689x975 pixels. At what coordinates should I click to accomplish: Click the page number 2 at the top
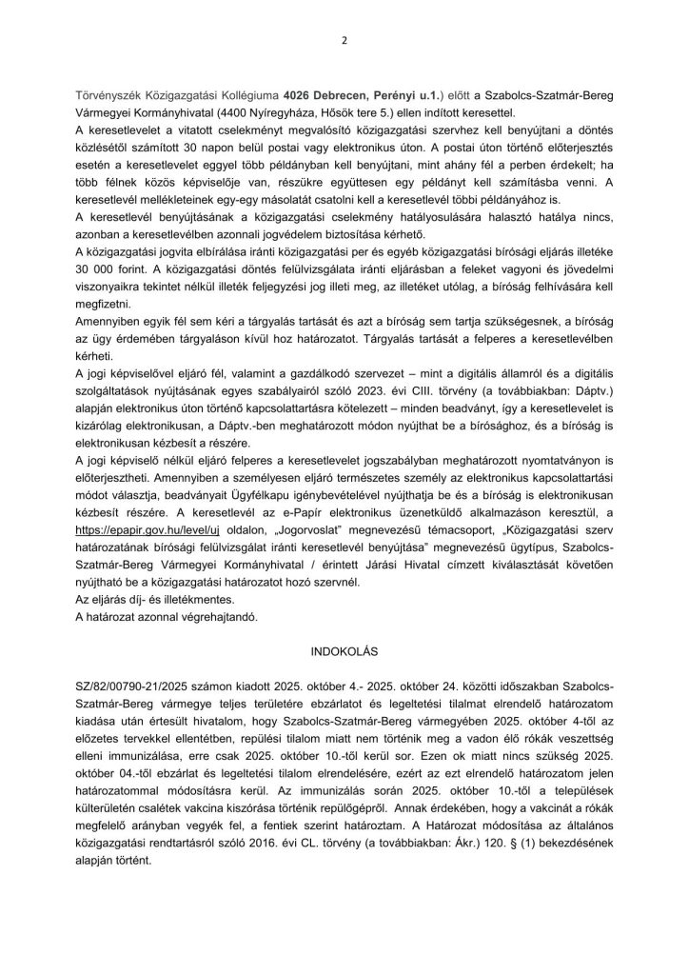coord(344,41)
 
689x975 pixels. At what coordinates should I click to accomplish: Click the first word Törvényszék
coord(107,96)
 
